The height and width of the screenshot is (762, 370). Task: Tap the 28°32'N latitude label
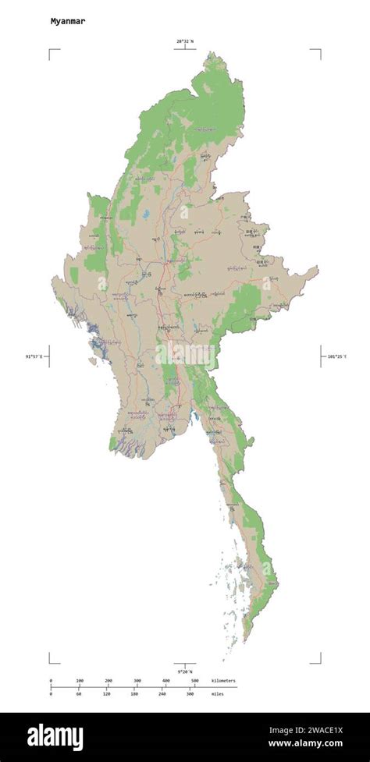(185, 41)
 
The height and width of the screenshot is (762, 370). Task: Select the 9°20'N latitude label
(185, 671)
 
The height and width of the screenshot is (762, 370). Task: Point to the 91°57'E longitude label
(35, 356)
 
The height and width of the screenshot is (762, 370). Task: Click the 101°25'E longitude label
(334, 356)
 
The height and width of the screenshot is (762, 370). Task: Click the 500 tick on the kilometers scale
(194, 681)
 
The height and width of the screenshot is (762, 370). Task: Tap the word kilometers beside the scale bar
(223, 681)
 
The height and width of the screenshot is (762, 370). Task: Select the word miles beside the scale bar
(218, 693)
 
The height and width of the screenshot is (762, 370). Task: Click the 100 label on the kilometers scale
(79, 681)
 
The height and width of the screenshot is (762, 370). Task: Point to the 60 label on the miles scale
(79, 693)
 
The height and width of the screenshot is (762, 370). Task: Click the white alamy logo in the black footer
(55, 736)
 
